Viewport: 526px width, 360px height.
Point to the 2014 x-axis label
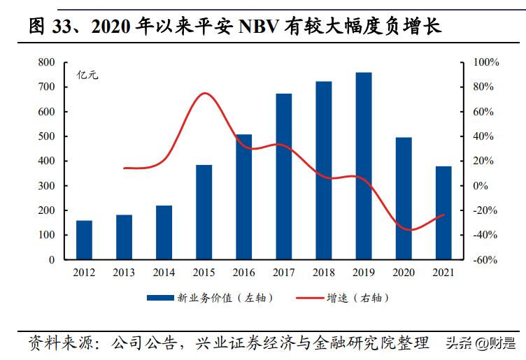tap(164, 272)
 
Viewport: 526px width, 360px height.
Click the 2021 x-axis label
tap(443, 272)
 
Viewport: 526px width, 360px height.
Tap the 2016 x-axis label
tap(243, 272)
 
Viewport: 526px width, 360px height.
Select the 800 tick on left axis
tap(46, 62)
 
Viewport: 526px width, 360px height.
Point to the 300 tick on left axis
tap(46, 186)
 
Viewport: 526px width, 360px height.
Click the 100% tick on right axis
tap(484, 62)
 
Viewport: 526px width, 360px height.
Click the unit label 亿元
tap(87, 75)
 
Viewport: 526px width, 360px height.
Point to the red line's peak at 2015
tap(203, 93)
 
